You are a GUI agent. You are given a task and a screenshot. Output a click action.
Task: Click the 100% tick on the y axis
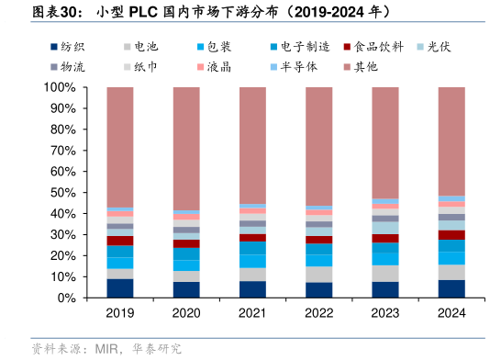(59, 87)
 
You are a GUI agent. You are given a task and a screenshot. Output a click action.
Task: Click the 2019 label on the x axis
(120, 314)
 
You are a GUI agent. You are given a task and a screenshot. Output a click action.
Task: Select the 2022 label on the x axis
(318, 314)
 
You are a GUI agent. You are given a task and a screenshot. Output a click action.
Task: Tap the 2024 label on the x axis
(451, 314)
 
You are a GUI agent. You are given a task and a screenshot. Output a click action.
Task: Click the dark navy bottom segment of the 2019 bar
(120, 288)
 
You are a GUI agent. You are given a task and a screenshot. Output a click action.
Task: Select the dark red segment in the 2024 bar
(451, 235)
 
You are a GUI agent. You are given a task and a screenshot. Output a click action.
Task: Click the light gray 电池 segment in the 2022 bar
(318, 274)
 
